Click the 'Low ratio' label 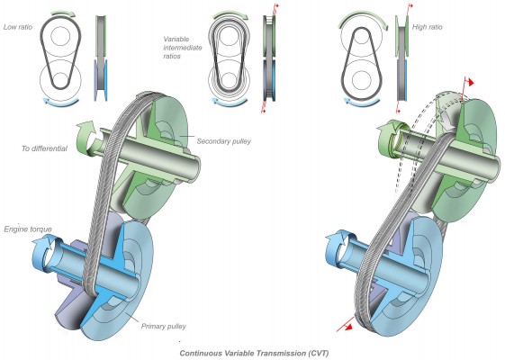tap(18, 27)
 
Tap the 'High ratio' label tap(428, 27)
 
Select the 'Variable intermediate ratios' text tap(183, 48)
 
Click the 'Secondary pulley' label tap(224, 141)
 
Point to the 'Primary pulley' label tap(164, 327)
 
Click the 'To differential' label tap(44, 148)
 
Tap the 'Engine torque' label tap(28, 229)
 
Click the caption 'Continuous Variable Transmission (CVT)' tap(254, 353)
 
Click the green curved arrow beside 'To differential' tap(86, 138)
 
